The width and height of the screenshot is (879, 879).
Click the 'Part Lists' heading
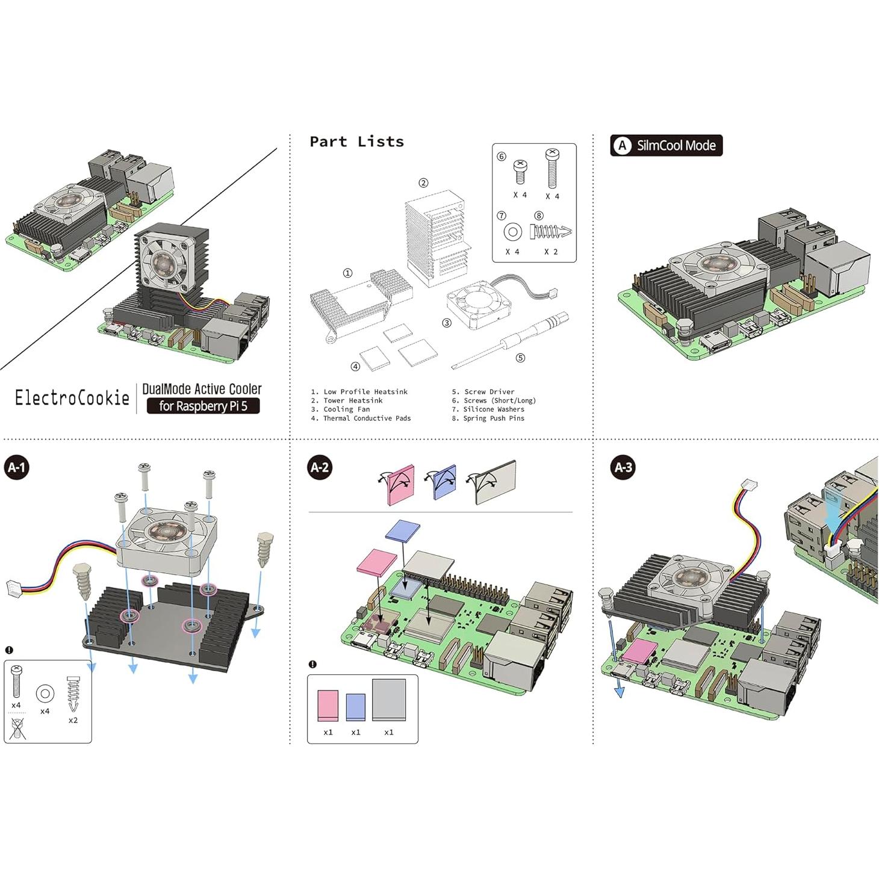pyautogui.click(x=356, y=142)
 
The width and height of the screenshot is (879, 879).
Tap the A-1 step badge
pyautogui.click(x=17, y=467)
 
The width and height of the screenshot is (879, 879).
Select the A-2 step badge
pyautogui.click(x=320, y=467)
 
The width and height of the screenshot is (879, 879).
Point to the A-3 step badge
pyautogui.click(x=623, y=467)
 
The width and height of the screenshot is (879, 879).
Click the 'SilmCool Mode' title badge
pyautogui.click(x=666, y=146)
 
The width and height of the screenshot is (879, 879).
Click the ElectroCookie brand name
pyautogui.click(x=72, y=397)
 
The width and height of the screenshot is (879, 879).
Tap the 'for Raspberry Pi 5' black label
pyautogui.click(x=203, y=406)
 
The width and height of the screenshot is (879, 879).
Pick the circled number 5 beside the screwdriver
pyautogui.click(x=520, y=358)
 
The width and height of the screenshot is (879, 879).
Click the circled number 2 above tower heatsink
pyautogui.click(x=423, y=183)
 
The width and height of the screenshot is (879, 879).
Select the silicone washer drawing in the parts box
pyautogui.click(x=512, y=232)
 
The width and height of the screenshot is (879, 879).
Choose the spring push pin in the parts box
pyautogui.click(x=550, y=231)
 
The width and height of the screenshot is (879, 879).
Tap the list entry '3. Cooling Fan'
pyautogui.click(x=341, y=409)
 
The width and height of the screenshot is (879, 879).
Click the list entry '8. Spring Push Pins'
pyautogui.click(x=488, y=418)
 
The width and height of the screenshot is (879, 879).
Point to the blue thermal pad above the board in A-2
pyautogui.click(x=403, y=530)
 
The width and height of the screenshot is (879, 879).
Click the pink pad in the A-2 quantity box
pyautogui.click(x=328, y=705)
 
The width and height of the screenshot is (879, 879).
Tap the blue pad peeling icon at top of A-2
pyautogui.click(x=444, y=482)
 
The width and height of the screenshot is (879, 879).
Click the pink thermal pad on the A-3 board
pyautogui.click(x=640, y=653)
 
